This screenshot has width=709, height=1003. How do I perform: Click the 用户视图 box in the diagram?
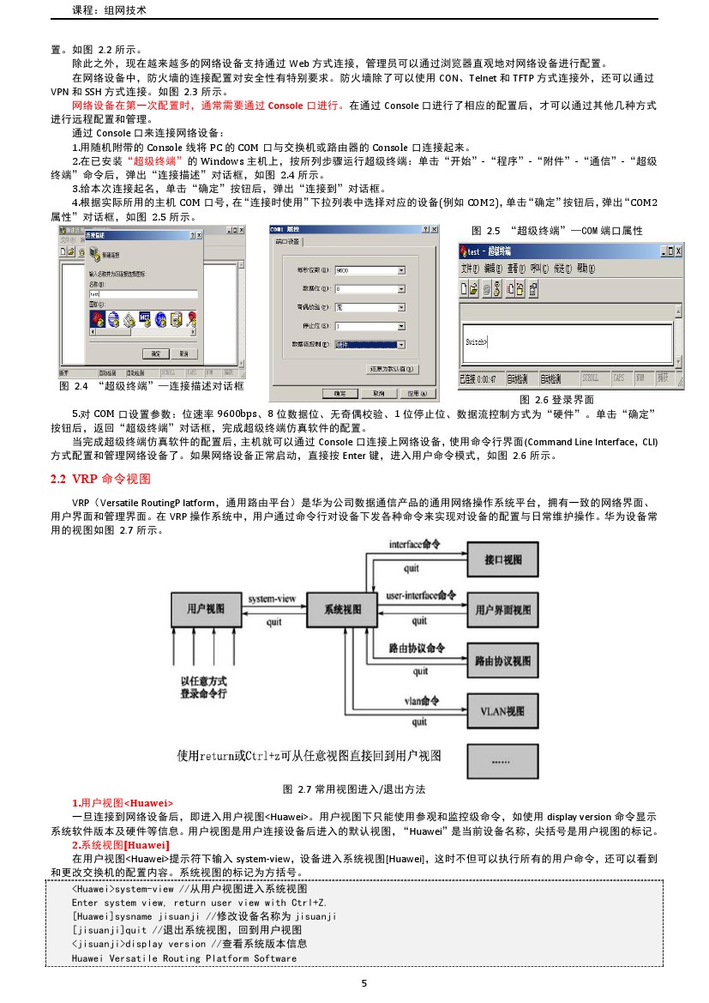tap(206, 608)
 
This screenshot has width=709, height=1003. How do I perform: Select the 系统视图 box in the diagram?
tap(342, 609)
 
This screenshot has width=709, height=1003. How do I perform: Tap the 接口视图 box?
tap(503, 560)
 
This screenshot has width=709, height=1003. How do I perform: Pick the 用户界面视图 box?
tap(503, 610)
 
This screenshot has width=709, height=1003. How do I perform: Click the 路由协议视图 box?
tap(503, 661)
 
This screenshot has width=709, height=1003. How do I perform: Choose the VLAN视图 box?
tap(503, 710)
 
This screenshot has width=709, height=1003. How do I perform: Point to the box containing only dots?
tap(503, 760)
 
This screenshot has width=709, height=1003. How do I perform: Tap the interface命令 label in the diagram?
tap(416, 545)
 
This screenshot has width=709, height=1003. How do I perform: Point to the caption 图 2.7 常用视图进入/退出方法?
tap(354, 789)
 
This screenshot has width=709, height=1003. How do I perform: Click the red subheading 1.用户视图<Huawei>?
tap(123, 802)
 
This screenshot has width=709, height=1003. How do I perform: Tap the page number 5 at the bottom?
tap(364, 983)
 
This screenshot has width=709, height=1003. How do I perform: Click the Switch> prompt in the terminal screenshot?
tap(476, 341)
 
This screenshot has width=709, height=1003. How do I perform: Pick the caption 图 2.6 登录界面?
tap(557, 400)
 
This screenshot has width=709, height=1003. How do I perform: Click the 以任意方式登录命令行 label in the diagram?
tap(204, 686)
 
